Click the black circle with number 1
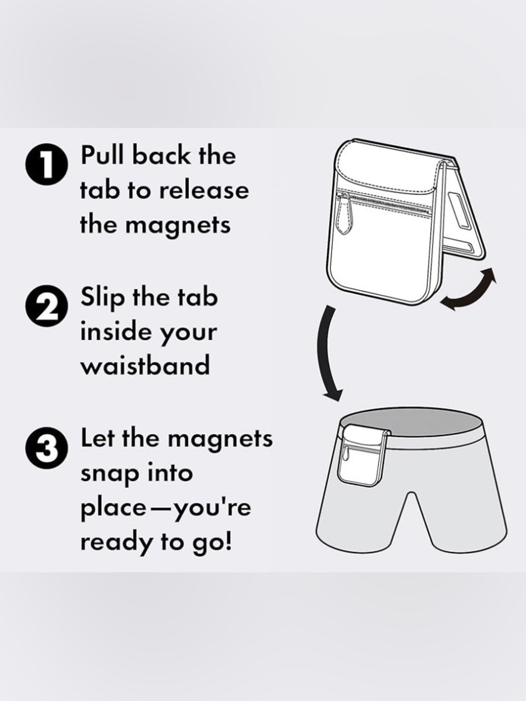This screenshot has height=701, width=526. pos(47,165)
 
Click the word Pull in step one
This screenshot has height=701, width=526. pos(102,155)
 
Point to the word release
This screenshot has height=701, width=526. pos(204,191)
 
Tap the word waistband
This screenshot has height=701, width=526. pos(145,365)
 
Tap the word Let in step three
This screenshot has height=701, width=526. pos(98,438)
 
